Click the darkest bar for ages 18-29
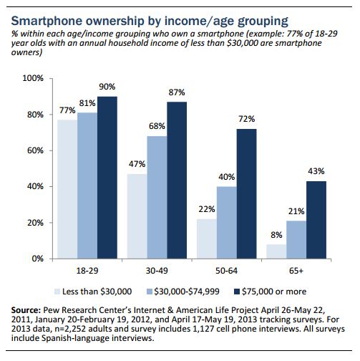point(107,178)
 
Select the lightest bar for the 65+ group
point(276,251)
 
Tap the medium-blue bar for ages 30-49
point(157,197)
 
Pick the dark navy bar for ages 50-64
point(246,193)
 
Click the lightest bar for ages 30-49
point(137,216)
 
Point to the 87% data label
point(177,92)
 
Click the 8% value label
point(276,235)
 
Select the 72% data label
point(247,119)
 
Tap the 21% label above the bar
point(296,211)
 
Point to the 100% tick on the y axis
point(33,78)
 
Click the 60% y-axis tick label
point(35,150)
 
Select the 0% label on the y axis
point(38,259)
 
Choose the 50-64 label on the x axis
point(226,271)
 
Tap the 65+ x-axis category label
point(296,271)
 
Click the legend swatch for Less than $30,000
point(57,292)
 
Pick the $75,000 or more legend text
point(274,292)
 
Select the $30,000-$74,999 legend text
point(187,292)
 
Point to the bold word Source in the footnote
point(26,310)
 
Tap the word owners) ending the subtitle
point(26,52)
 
